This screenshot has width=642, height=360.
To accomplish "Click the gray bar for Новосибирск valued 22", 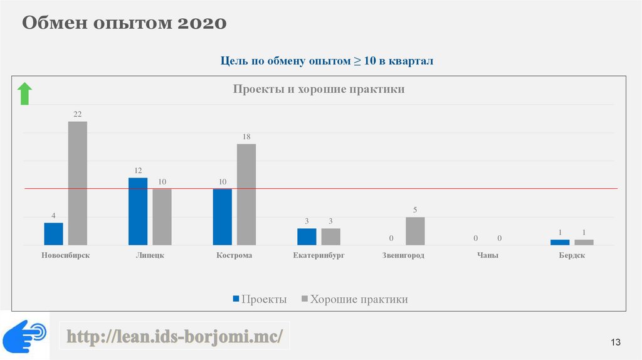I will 78,183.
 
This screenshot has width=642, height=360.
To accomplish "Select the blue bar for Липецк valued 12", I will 138,211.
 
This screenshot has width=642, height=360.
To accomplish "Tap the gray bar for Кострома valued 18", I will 246,194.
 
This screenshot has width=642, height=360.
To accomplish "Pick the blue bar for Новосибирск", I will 53,233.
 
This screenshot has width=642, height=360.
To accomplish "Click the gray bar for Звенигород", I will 415,231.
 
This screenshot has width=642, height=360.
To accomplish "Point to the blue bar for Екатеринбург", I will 307,236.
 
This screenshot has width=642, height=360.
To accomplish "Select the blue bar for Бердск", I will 560,242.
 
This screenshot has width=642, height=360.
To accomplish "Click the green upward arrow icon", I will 24,93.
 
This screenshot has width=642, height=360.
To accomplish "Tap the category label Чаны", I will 487,256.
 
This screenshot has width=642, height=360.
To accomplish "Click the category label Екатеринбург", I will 318,256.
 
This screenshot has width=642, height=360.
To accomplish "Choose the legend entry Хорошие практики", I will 354,300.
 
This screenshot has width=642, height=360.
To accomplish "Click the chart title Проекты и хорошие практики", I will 318,90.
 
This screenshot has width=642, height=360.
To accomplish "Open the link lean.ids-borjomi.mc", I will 175,337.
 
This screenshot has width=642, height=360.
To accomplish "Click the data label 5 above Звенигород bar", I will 415,209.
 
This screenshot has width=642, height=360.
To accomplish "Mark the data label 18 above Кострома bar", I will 246,136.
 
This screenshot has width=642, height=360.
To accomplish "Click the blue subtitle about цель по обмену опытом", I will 327,61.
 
